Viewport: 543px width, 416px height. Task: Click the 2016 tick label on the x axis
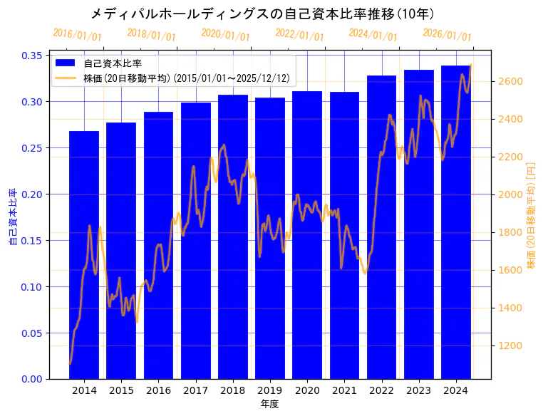pos(158,390)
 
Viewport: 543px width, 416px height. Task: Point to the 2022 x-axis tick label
pos(381,390)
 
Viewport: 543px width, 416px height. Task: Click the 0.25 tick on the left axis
pos(32,148)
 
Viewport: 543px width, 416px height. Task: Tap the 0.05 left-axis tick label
pos(32,333)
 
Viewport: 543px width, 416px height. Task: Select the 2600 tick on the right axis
pos(511,81)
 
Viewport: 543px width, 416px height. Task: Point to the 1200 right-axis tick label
pos(511,345)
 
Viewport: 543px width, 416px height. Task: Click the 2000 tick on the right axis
pos(511,194)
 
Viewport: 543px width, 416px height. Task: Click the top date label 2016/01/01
pos(78,34)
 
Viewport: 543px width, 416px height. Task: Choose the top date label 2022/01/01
pos(299,34)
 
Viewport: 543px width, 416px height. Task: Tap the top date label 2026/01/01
pos(447,34)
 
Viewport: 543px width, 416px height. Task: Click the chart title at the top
pos(263,14)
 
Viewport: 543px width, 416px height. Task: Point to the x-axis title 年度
pos(269,404)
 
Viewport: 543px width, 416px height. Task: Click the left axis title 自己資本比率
pos(12,217)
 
